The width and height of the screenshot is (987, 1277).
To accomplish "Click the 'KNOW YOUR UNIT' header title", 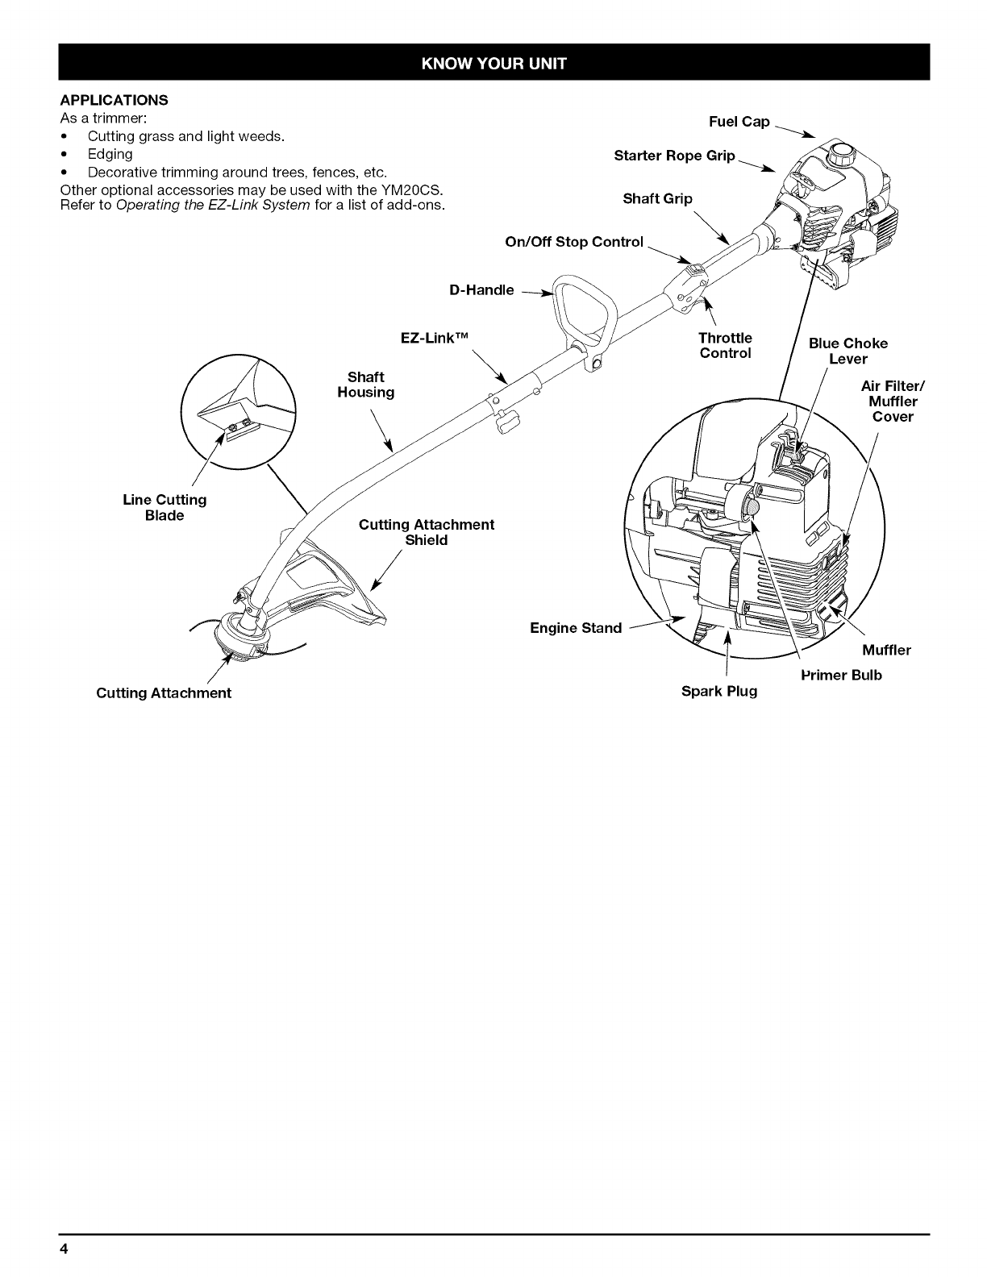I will tap(493, 64).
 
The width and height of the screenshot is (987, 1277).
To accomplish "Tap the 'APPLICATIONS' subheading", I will tap(114, 100).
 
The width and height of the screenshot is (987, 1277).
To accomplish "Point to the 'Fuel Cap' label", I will tap(739, 122).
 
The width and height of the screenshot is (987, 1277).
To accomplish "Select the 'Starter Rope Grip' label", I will tap(674, 156).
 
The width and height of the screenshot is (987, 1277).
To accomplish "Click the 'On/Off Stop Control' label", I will tap(574, 242).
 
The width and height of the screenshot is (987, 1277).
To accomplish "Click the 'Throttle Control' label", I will tap(725, 345).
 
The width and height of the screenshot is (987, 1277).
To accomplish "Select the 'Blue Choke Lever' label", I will tap(847, 351).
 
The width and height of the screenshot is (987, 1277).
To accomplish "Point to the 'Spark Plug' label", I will tap(719, 692).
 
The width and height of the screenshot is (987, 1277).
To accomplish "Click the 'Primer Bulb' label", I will tap(841, 675).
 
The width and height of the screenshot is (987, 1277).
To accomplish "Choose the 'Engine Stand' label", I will tap(576, 628).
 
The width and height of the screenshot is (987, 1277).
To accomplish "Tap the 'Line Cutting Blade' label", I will tap(164, 508).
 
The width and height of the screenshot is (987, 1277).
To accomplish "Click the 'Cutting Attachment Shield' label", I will tap(426, 532).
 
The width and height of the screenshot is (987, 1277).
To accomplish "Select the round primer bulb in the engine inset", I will tap(750, 508).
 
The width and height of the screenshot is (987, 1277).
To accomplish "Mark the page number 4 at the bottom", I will tap(64, 1250).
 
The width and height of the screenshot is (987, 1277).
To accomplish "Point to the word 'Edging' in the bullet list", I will tap(110, 154).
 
